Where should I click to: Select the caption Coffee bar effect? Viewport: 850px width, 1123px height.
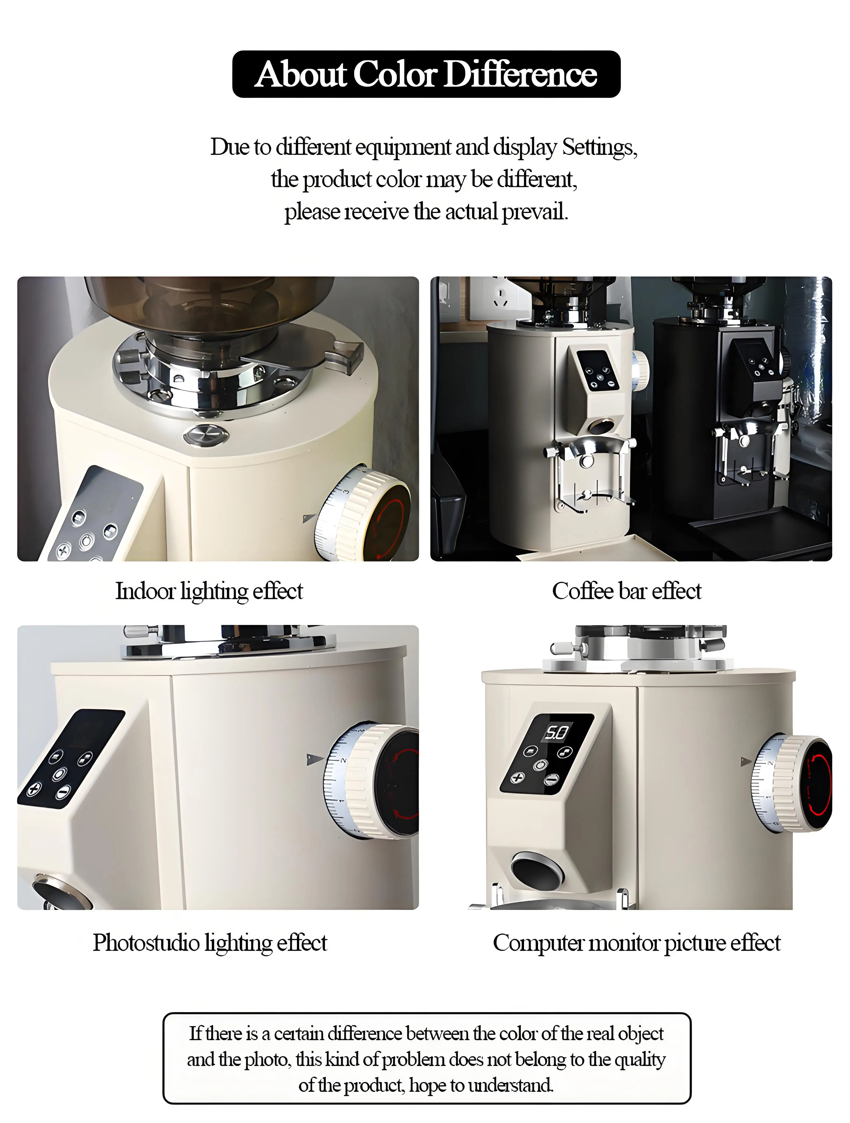coord(626,591)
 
